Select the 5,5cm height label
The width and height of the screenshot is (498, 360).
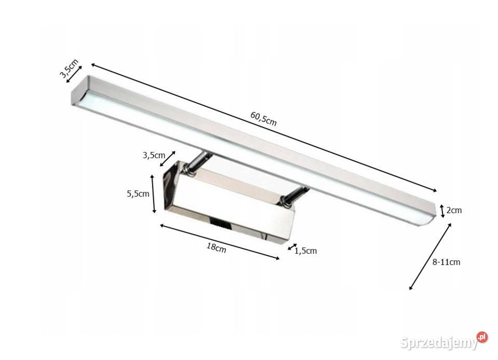pos(138,194)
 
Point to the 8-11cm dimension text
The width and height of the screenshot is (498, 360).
pos(446,262)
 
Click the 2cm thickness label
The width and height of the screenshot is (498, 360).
pos(454,210)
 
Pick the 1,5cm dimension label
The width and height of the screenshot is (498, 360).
pos(306,251)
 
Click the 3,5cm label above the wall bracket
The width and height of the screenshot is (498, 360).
pos(154,155)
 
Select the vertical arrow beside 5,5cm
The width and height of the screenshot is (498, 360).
pos(153,194)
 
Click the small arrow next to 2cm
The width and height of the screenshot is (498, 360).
pos(442,211)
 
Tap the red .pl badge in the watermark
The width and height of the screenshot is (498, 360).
pos(482,337)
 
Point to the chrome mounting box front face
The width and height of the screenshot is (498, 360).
pos(228,213)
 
